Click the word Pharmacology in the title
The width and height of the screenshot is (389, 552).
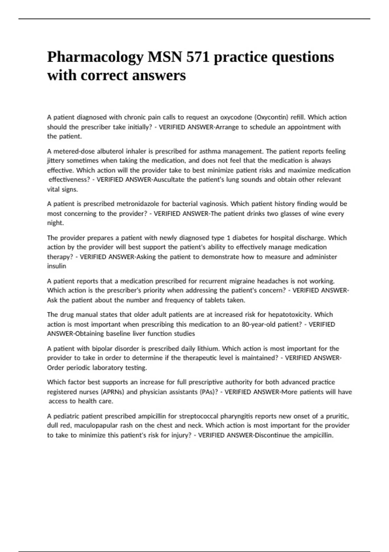96,57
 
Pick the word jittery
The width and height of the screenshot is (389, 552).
56,161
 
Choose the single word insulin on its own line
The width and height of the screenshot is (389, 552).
56,266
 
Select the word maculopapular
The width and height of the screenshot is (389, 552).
96,426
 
